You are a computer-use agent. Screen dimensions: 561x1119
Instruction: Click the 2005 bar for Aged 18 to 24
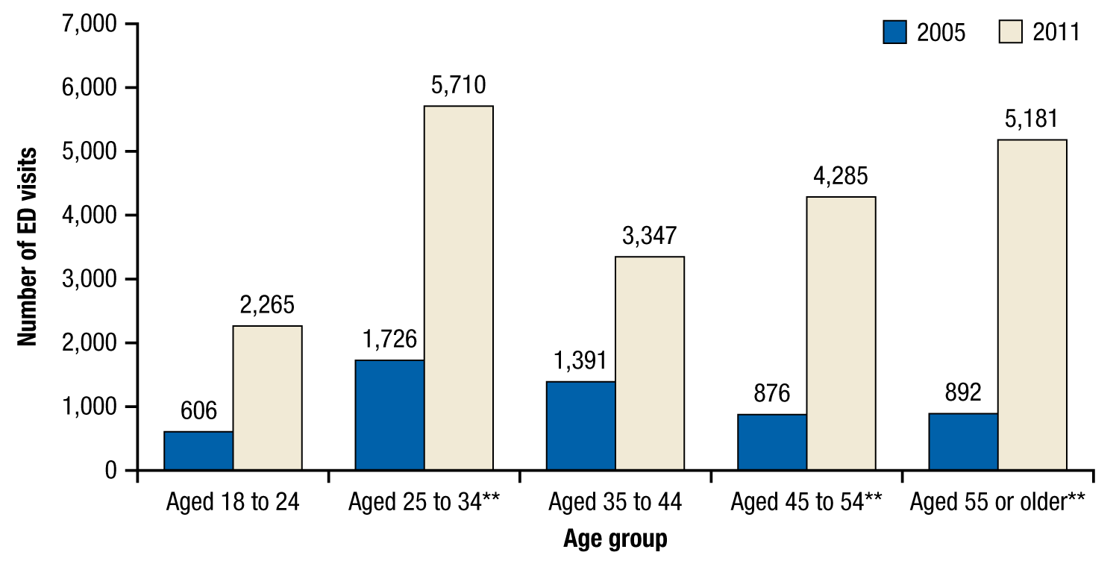[198, 451]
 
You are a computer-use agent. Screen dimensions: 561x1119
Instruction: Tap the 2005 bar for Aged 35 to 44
[580, 426]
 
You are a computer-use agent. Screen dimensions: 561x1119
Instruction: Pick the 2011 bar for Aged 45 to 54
[841, 333]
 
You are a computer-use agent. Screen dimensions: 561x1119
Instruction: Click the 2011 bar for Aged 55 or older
[1032, 304]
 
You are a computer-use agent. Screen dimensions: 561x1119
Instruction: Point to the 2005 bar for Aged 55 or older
[963, 442]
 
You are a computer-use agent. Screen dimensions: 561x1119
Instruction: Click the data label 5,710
[458, 85]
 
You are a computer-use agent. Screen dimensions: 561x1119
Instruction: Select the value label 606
[198, 411]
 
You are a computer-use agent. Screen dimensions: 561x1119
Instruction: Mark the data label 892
[963, 392]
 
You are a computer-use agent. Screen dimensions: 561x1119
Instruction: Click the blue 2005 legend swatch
[894, 32]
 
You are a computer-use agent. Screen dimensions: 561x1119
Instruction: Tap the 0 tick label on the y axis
[110, 471]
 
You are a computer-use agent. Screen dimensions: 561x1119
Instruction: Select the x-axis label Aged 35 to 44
[615, 502]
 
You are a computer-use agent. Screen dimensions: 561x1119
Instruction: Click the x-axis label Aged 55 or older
[997, 502]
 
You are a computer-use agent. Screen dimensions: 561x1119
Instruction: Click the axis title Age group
[615, 539]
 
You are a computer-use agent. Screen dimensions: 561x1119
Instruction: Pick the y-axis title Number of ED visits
[28, 247]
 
